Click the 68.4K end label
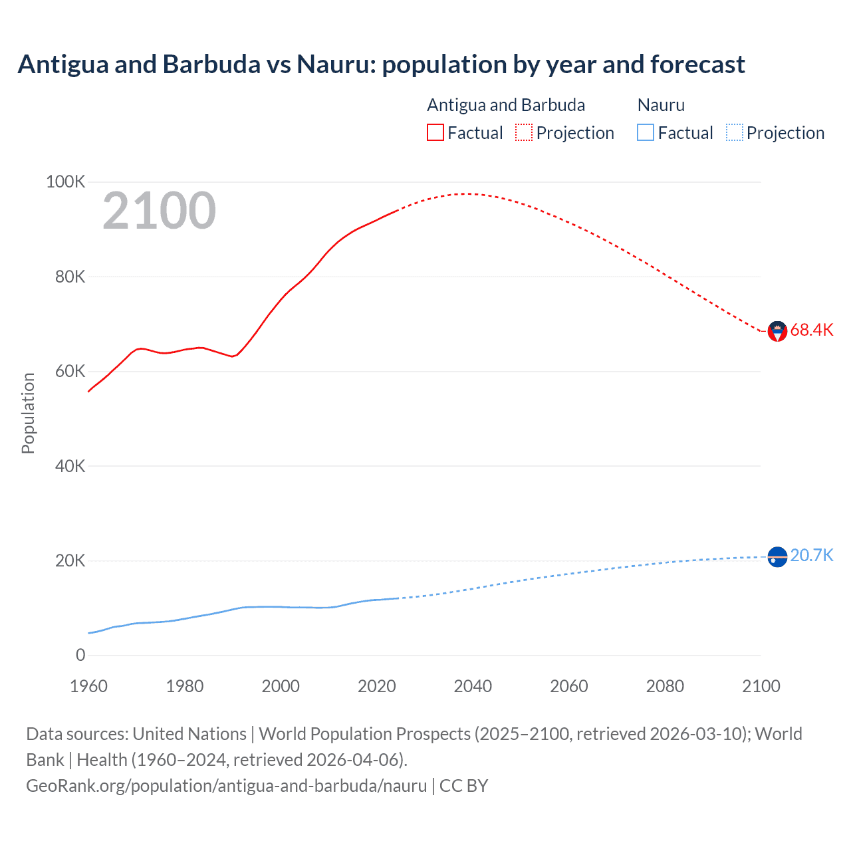click(811, 330)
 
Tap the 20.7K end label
click(811, 555)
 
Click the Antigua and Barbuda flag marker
click(777, 331)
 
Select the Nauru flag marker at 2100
click(777, 556)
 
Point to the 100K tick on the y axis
click(65, 182)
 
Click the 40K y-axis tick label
click(70, 466)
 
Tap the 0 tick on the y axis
click(80, 655)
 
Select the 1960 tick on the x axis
click(88, 686)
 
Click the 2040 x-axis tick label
click(473, 686)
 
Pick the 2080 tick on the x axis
click(665, 686)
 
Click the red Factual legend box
click(435, 133)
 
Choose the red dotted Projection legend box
click(524, 133)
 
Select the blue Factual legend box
click(646, 133)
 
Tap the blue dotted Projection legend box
click(735, 133)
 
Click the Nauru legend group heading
click(661, 105)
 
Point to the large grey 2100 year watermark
click(159, 211)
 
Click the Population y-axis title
click(28, 413)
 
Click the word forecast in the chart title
click(697, 64)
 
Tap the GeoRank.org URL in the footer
click(226, 785)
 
